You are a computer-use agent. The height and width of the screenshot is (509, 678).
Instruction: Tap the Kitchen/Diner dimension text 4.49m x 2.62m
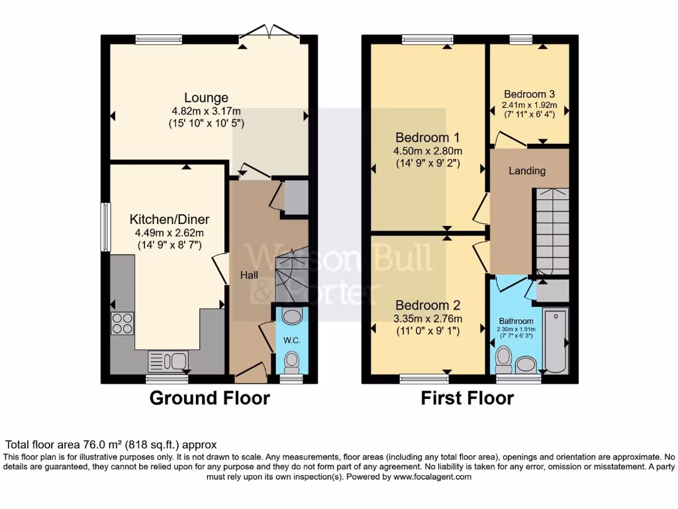click(x=169, y=233)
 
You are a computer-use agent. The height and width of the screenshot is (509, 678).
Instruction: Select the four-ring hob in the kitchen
click(x=122, y=323)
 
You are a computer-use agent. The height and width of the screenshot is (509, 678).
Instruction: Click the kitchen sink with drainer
click(x=168, y=361)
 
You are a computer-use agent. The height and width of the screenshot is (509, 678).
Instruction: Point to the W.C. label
click(x=292, y=341)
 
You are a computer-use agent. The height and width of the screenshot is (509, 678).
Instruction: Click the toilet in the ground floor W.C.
click(x=291, y=362)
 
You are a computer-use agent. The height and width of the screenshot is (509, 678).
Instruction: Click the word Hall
click(x=248, y=274)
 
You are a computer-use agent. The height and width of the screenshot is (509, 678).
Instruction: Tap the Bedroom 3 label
click(x=528, y=94)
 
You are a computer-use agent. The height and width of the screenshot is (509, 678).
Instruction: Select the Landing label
click(x=527, y=171)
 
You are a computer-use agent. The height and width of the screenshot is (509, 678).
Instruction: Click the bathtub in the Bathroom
click(x=555, y=341)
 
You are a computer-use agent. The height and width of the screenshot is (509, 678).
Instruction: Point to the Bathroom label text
click(x=516, y=321)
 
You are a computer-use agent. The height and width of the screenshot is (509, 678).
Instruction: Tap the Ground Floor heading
click(x=210, y=398)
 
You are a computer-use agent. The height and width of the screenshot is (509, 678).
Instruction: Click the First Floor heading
click(x=467, y=398)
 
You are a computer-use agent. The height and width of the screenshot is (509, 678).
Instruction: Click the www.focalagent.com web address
click(x=432, y=477)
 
